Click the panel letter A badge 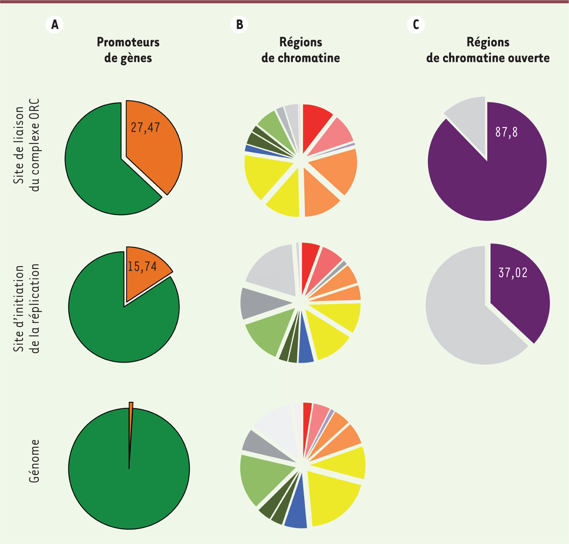55,24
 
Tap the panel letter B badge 239,24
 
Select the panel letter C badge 416,24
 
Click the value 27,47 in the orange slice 146,127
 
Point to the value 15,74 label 142,267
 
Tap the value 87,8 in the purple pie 506,132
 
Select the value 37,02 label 513,273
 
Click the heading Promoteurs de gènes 128,50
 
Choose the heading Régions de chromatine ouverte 488,50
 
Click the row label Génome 34,461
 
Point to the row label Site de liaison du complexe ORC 28,145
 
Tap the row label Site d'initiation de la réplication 28,309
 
